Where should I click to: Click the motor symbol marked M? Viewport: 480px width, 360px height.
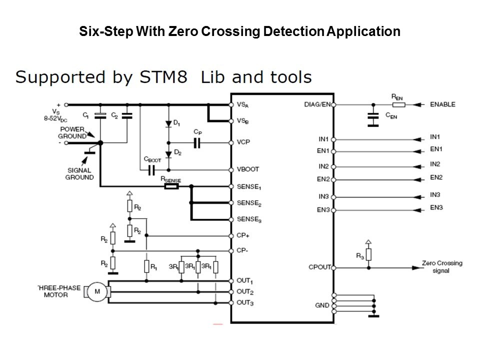pyautogui.click(x=97, y=292)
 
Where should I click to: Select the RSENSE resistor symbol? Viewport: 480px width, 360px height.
pyautogui.click(x=172, y=187)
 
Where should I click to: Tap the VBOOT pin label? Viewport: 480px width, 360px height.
pyautogui.click(x=248, y=169)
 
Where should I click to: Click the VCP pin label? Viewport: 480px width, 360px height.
pyautogui.click(x=243, y=142)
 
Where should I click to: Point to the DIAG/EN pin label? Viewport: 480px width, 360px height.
pyautogui.click(x=317, y=104)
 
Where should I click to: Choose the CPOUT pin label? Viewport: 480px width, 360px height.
pyautogui.click(x=319, y=267)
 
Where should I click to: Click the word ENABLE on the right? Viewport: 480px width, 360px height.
pyautogui.click(x=442, y=104)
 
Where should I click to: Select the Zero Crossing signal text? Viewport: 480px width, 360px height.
pyautogui.click(x=442, y=266)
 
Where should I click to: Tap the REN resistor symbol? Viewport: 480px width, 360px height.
pyautogui.click(x=397, y=104)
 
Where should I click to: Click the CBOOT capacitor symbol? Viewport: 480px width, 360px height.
pyautogui.click(x=150, y=170)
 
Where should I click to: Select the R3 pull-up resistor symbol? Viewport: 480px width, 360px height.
pyautogui.click(x=368, y=254)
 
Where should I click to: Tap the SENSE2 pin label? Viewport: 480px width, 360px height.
pyautogui.click(x=249, y=203)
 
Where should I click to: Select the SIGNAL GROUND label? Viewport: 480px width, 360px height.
pyautogui.click(x=79, y=173)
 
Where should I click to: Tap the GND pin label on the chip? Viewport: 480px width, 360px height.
pyautogui.click(x=323, y=305)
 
